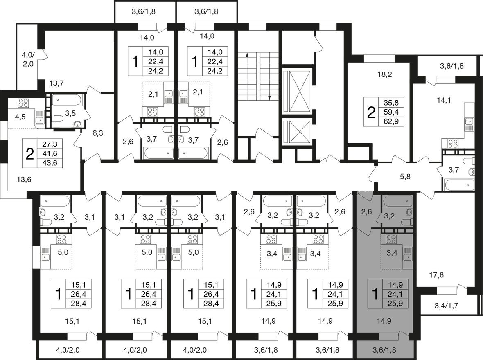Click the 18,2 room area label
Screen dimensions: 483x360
(x=385, y=74)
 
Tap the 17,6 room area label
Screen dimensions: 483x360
(x=436, y=275)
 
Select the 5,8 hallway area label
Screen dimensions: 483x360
(x=405, y=177)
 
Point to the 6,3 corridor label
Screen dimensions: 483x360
(x=98, y=133)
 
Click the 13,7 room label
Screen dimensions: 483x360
(x=56, y=83)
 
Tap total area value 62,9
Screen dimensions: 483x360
(x=391, y=122)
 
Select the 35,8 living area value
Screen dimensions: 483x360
(x=391, y=102)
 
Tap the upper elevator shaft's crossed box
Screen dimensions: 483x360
(x=298, y=91)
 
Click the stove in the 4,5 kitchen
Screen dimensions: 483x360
(x=23, y=103)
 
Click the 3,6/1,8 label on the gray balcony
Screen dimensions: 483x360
(x=384, y=350)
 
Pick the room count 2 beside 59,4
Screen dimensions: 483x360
(x=371, y=112)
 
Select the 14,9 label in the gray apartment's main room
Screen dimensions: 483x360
(x=384, y=321)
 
